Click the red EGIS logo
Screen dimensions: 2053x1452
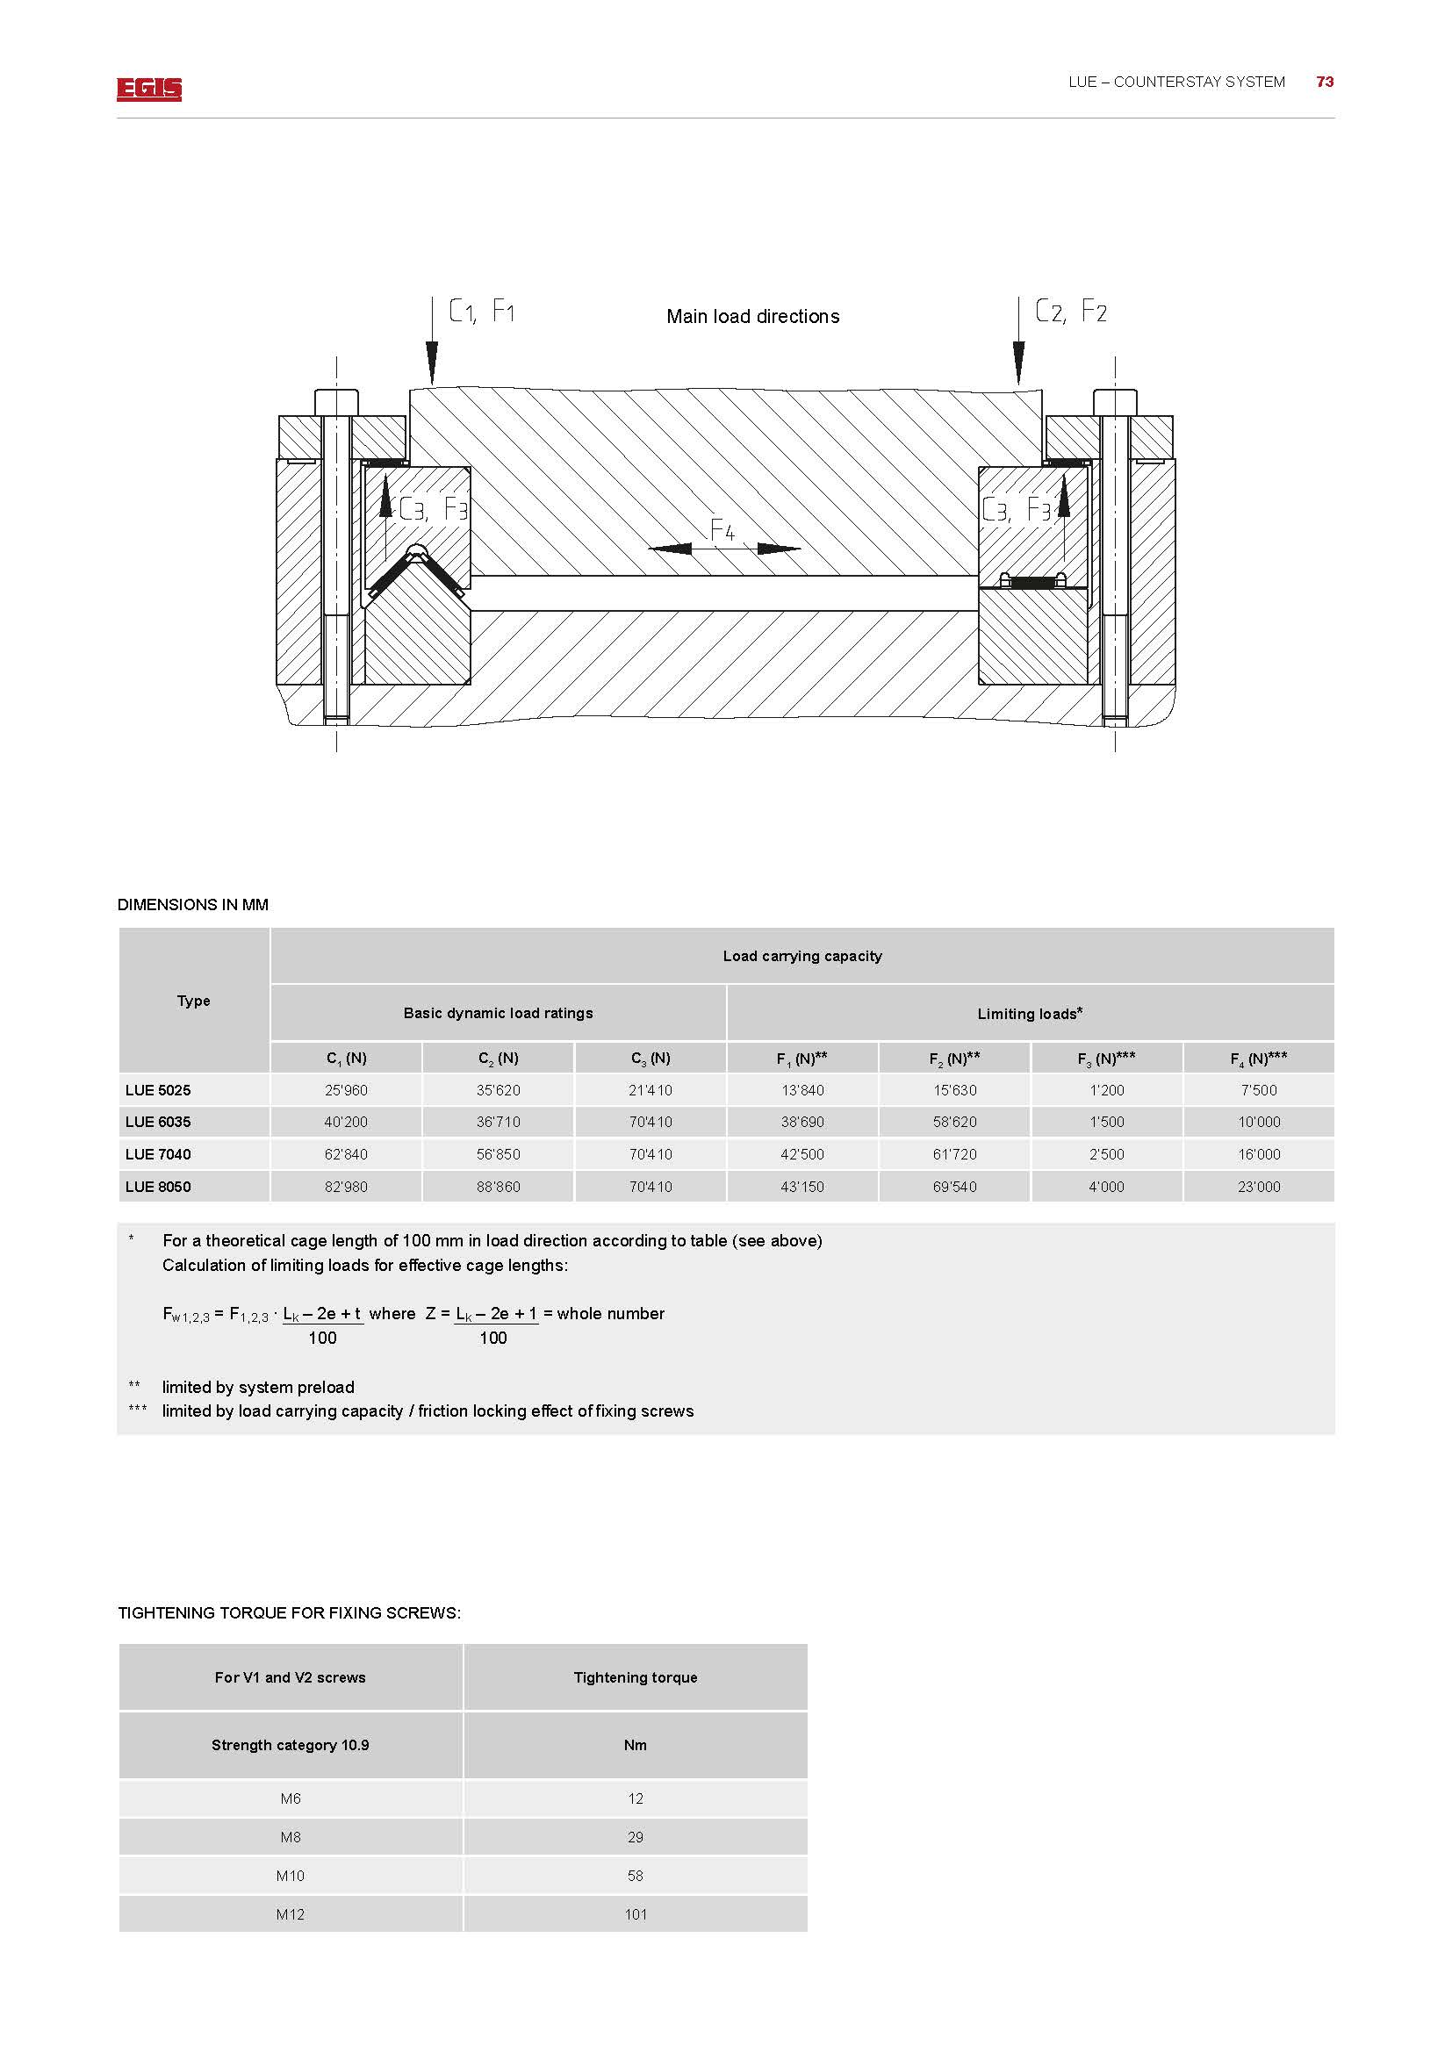(x=148, y=89)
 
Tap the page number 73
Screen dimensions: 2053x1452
(x=1324, y=83)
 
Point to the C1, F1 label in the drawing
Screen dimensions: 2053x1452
(x=481, y=312)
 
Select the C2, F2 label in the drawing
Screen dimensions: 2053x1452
(x=1070, y=312)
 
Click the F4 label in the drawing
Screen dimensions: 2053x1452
(x=722, y=530)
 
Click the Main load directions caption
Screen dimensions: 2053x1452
(x=753, y=317)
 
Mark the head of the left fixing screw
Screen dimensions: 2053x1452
(x=336, y=402)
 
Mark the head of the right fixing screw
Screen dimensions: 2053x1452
(x=1115, y=402)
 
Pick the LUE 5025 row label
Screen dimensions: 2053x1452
(x=158, y=1090)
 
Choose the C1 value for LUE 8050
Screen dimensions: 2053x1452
(x=346, y=1187)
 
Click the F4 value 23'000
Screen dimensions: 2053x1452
(x=1259, y=1187)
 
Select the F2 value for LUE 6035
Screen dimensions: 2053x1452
(x=955, y=1123)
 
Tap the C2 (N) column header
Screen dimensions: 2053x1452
(x=498, y=1059)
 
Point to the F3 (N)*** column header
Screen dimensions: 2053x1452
(x=1106, y=1059)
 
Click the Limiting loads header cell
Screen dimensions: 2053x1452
(x=1030, y=1013)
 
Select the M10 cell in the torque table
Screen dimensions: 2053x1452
(x=291, y=1876)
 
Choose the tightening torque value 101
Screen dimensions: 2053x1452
(x=636, y=1914)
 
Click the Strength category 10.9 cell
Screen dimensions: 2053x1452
(x=291, y=1745)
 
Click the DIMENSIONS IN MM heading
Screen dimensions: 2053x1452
(x=193, y=905)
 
